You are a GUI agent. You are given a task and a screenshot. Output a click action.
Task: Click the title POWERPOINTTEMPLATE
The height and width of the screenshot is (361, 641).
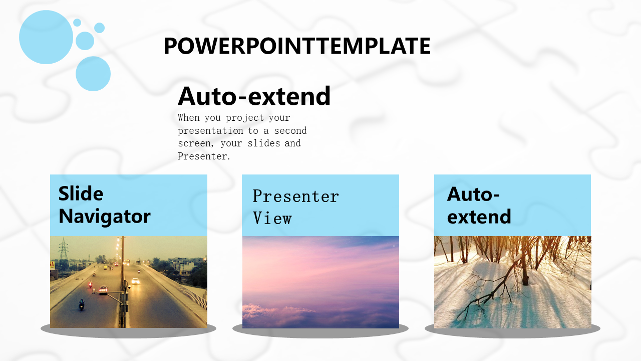297,46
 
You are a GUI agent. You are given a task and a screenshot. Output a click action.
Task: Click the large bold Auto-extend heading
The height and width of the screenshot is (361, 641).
254,96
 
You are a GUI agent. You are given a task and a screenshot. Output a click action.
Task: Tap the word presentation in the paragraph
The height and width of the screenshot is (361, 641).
210,131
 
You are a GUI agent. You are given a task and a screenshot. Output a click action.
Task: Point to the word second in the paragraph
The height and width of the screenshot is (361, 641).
290,131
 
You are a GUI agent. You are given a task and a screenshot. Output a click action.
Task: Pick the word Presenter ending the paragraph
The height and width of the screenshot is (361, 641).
203,156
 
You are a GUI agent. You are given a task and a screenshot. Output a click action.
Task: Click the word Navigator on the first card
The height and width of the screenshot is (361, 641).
105,217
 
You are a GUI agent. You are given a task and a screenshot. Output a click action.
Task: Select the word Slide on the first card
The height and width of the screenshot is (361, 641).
81,194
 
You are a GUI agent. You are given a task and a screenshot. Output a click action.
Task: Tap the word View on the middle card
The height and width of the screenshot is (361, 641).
272,218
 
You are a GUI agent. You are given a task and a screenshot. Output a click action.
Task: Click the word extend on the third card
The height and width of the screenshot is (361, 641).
479,217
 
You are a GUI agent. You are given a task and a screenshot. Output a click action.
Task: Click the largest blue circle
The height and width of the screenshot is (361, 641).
46,37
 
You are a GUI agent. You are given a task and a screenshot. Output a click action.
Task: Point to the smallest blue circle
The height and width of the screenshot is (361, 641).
77,23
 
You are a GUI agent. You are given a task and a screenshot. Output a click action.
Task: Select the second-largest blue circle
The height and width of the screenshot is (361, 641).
93,74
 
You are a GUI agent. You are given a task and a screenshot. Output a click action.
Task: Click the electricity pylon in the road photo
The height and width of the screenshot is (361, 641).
64,253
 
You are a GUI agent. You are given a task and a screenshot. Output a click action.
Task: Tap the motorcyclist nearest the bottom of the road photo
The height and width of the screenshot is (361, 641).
82,304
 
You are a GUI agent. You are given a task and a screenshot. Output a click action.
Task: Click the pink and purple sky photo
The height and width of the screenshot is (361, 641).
320,282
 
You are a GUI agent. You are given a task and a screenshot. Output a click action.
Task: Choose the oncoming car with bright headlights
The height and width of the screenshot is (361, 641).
135,281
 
